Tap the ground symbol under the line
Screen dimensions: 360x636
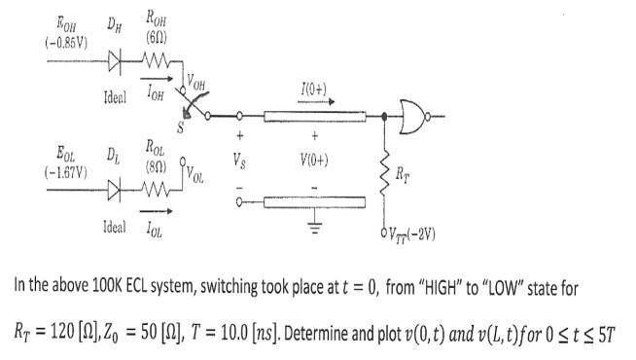[314, 227]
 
